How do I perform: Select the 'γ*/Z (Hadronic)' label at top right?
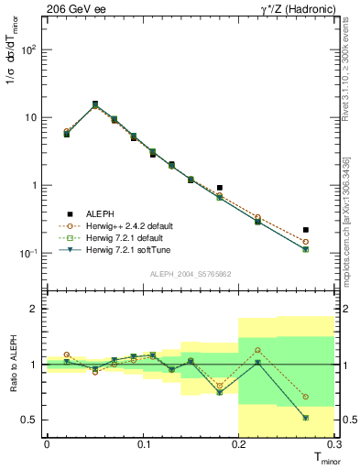click(293, 8)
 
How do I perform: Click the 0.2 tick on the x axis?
click(238, 445)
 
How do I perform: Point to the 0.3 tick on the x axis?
click(333, 445)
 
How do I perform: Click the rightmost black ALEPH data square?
click(306, 230)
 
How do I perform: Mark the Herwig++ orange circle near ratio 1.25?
click(257, 350)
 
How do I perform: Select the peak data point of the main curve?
click(95, 104)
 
